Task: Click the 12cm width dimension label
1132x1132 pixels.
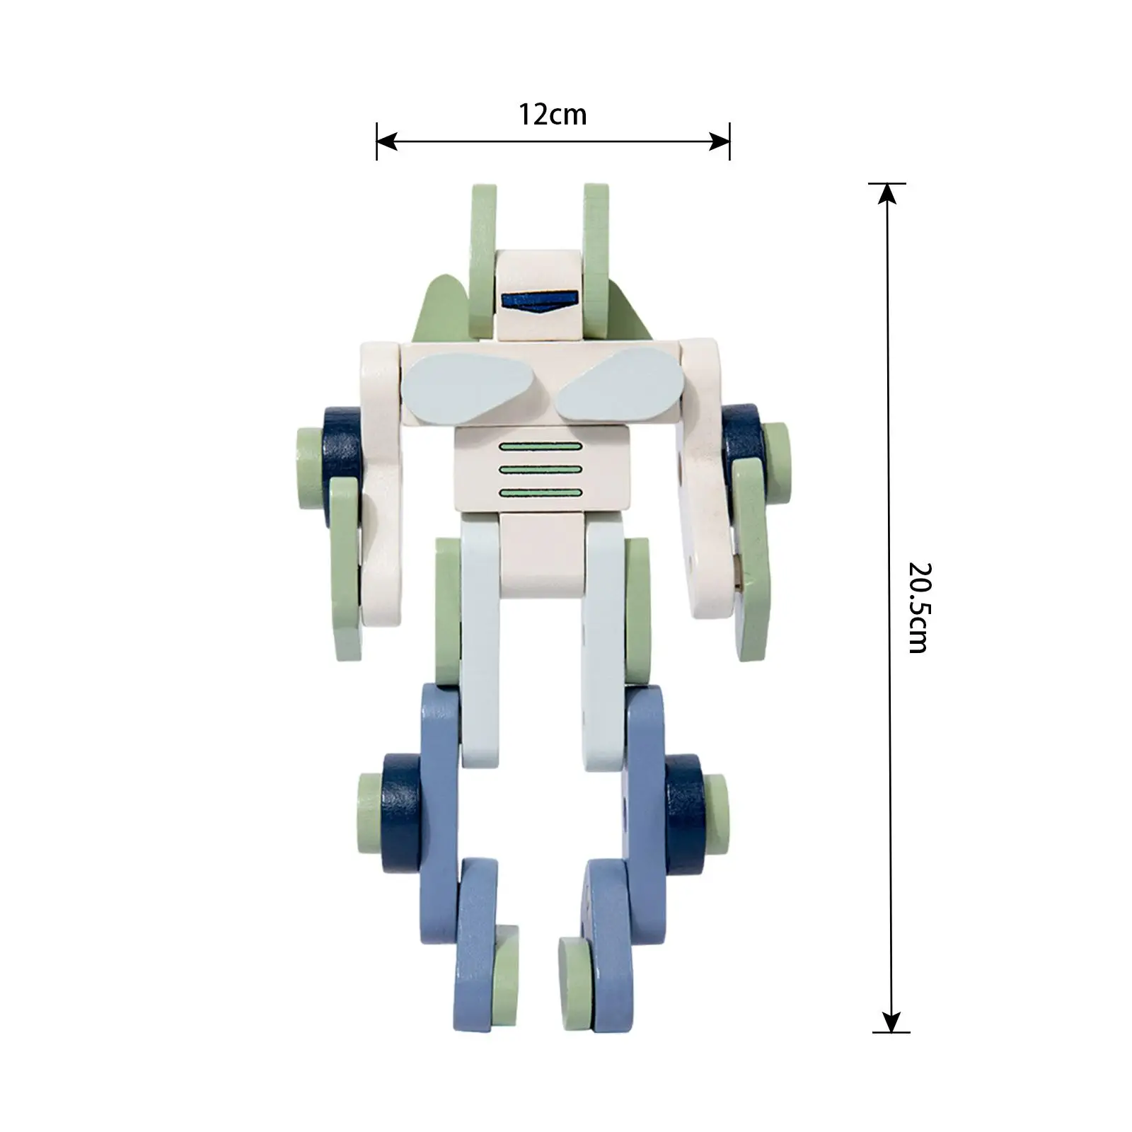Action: [553, 115]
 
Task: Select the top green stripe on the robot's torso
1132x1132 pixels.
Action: [541, 446]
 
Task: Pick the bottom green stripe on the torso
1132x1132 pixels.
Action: [541, 493]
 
